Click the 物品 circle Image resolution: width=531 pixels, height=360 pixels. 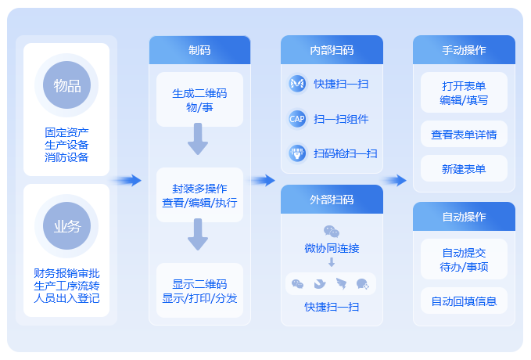[66, 85]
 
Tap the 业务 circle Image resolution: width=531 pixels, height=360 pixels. [66, 225]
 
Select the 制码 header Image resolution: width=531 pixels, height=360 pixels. [199, 50]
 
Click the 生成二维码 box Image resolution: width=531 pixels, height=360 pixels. [199, 99]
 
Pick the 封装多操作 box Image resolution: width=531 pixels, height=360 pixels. [199, 195]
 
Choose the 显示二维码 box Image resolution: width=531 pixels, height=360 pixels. [199, 290]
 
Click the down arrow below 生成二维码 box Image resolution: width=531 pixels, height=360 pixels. [198, 139]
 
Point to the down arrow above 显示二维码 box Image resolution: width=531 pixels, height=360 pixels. [198, 235]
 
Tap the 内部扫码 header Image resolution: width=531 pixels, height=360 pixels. [332, 50]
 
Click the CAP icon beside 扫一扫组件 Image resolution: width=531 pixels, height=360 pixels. [297, 119]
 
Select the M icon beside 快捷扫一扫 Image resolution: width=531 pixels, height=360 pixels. [297, 84]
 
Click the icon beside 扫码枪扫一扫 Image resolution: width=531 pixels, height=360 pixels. [297, 153]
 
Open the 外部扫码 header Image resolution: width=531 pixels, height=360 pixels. [332, 200]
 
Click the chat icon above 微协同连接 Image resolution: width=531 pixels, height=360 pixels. [332, 232]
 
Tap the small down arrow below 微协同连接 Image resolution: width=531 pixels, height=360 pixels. [332, 262]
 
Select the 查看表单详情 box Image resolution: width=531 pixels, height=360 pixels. [464, 135]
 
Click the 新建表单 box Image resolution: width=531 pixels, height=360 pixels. [464, 168]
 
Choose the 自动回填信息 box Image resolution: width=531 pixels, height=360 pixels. [464, 301]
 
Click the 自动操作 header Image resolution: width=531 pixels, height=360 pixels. [464, 217]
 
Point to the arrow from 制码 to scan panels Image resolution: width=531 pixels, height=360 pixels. [264, 180]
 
